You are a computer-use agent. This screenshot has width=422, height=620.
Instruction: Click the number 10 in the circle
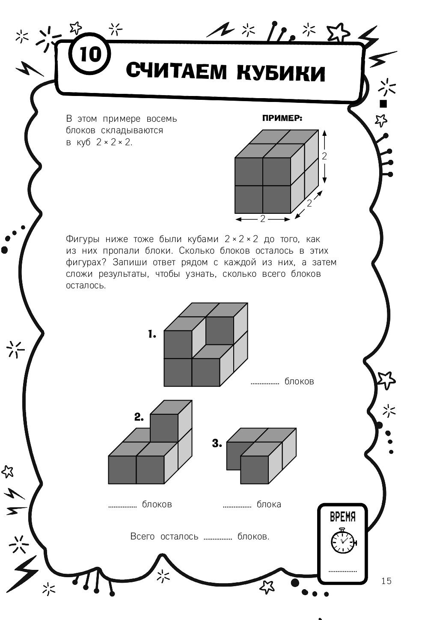[90, 54]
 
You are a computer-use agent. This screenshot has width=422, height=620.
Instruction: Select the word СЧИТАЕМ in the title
[176, 71]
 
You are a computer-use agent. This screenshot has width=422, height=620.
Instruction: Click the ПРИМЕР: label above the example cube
[282, 118]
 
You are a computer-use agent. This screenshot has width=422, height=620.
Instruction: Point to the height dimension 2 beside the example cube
[324, 156]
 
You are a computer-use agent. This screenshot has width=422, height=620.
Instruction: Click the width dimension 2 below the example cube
[263, 219]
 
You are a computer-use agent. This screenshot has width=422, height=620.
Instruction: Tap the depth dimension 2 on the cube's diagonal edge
[309, 204]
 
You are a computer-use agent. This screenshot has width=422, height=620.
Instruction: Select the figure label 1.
[152, 334]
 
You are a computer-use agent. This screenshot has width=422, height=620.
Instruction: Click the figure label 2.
[139, 417]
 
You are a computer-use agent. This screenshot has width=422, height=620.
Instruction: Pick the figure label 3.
[217, 443]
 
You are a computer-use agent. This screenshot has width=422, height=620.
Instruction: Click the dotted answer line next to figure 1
[264, 383]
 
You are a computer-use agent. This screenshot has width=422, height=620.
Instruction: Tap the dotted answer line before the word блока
[237, 507]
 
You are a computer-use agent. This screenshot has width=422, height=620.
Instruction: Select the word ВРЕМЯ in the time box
[343, 517]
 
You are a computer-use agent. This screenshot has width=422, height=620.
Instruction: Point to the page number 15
[386, 581]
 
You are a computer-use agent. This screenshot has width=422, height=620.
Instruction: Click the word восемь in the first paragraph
[161, 119]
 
